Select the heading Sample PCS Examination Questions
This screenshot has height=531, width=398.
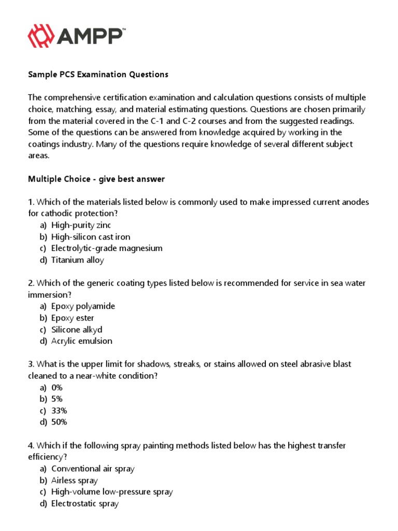[98, 74]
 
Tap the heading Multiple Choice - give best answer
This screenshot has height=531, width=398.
[96, 179]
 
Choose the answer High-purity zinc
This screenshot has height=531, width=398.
[81, 225]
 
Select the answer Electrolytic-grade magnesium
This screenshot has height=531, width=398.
[107, 248]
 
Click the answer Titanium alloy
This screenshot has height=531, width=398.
[78, 260]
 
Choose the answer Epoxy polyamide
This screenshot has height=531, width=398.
[83, 306]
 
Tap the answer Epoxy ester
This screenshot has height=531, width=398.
[73, 318]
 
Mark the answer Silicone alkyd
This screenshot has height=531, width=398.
[77, 329]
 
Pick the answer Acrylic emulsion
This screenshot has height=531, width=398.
[82, 341]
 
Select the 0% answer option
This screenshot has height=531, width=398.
[57, 387]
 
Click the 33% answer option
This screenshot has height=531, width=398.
[59, 411]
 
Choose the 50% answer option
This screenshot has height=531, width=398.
[59, 422]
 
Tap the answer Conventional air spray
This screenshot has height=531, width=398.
[93, 468]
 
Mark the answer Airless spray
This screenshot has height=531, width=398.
[75, 480]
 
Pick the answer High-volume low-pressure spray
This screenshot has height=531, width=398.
[112, 492]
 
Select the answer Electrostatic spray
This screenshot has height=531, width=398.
[85, 503]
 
